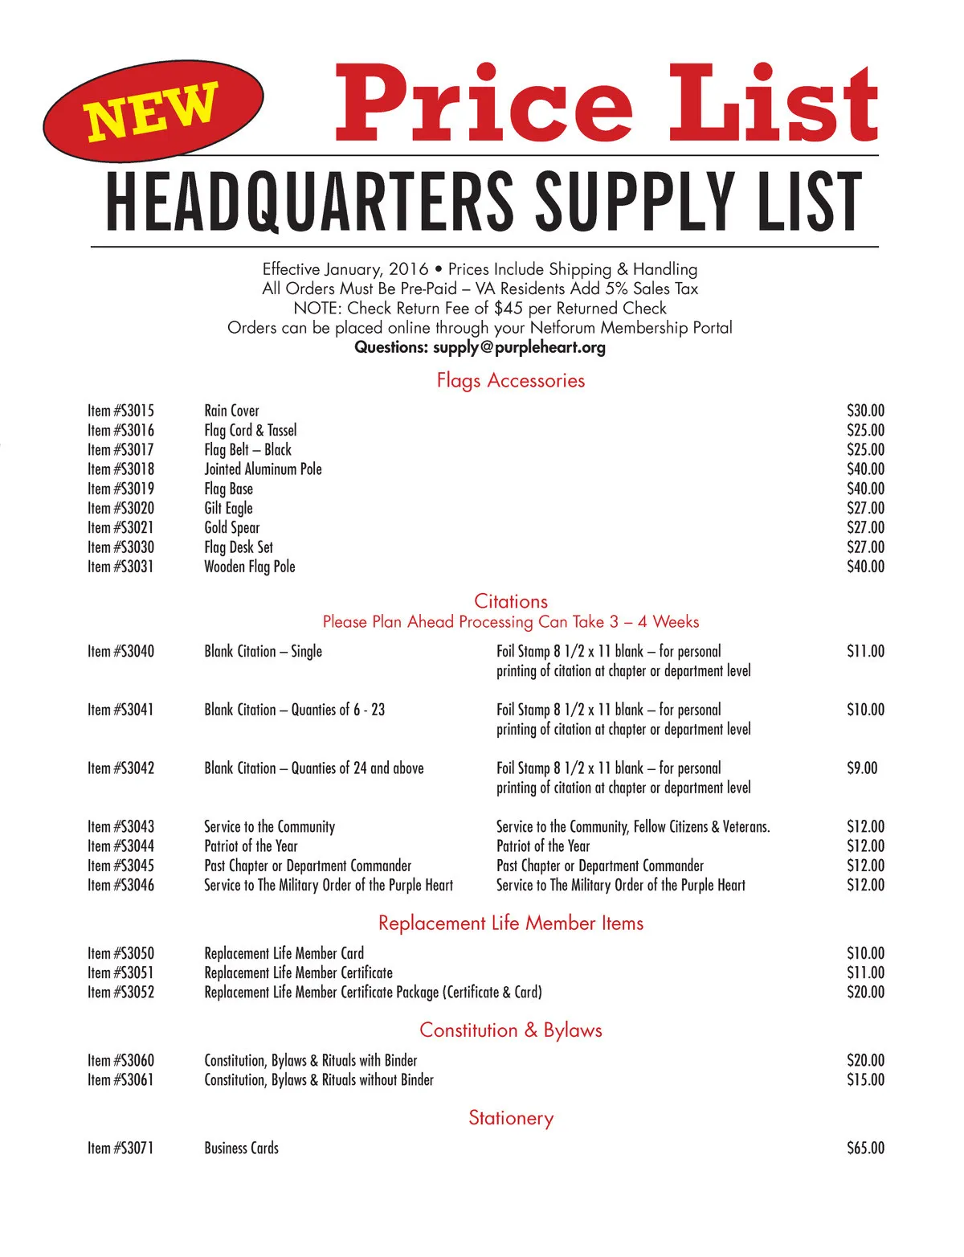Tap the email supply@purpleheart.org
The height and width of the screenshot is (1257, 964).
[x=519, y=347]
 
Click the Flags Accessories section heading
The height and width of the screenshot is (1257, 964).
[x=510, y=380]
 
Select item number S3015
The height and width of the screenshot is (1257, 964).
[x=120, y=411]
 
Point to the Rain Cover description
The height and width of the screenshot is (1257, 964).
[x=231, y=411]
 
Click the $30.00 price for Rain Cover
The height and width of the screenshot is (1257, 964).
[x=865, y=411]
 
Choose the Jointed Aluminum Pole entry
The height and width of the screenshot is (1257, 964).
[x=263, y=469]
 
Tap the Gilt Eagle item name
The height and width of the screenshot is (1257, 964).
[x=228, y=508]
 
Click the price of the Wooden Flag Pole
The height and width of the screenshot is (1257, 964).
[x=865, y=567]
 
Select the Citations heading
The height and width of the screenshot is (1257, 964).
[x=510, y=601]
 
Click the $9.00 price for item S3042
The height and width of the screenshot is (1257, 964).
[x=862, y=768]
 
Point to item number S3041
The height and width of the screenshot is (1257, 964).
[x=120, y=710]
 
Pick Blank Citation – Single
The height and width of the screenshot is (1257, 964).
[x=263, y=651]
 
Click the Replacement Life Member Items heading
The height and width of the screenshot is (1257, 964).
[x=510, y=923]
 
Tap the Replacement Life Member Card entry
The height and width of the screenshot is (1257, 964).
[x=284, y=953]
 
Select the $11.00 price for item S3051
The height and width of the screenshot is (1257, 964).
[x=865, y=972]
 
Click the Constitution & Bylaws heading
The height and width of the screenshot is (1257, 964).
[x=510, y=1030]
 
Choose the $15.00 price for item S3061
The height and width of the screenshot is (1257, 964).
[x=865, y=1080]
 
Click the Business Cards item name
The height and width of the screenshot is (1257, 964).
[x=241, y=1148]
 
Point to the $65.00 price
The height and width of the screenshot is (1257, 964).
[x=865, y=1148]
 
